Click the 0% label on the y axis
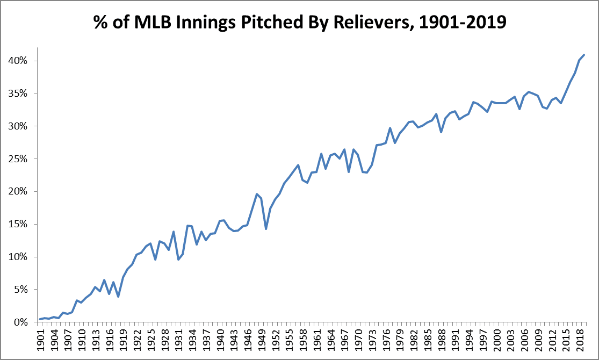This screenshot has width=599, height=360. (x=21, y=322)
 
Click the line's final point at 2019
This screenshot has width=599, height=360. (x=584, y=55)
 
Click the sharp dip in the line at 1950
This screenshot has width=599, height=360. (x=266, y=229)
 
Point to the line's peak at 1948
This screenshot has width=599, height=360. (x=257, y=194)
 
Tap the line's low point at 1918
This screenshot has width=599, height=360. (x=118, y=297)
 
